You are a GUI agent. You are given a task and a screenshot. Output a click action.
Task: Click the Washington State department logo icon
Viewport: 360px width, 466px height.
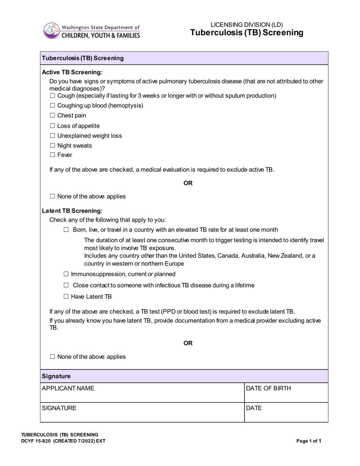[x=52, y=31]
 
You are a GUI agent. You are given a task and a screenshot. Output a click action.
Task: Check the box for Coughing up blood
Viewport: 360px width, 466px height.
[x=53, y=106]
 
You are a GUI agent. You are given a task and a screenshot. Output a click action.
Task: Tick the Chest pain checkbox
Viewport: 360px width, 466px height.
[x=53, y=116]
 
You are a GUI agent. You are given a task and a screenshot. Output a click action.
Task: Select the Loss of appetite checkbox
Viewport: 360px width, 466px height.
[x=53, y=126]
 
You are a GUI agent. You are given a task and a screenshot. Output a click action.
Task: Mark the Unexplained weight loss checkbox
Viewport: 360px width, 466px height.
[x=53, y=136]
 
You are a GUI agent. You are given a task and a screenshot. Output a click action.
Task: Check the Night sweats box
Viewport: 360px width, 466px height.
[x=53, y=145]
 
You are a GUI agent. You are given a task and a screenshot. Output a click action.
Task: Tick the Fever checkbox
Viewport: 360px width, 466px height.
[x=53, y=155]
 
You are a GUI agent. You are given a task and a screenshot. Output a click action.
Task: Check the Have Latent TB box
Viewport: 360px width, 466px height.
[x=66, y=297]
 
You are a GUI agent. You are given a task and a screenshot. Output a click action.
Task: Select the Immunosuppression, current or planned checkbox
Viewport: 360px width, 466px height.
[x=66, y=274]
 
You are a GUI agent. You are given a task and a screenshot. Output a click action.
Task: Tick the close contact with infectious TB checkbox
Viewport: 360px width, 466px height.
[x=66, y=285]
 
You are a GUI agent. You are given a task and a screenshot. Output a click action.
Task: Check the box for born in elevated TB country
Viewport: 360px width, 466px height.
[x=66, y=230]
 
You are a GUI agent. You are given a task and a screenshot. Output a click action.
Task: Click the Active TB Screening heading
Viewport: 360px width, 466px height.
[x=72, y=72]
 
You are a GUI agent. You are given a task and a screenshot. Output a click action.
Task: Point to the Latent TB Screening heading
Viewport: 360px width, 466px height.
[x=72, y=211]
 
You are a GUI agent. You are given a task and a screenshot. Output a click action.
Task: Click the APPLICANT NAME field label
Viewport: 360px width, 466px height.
[x=68, y=388]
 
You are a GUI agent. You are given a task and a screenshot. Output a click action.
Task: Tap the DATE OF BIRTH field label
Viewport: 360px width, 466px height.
[x=268, y=388]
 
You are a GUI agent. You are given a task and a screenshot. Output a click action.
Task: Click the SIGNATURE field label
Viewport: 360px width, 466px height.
[x=59, y=408]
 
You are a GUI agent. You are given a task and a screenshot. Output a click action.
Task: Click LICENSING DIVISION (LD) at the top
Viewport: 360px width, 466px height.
[x=247, y=25]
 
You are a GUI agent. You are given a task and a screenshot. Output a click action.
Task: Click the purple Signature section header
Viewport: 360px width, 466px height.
[x=184, y=376]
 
